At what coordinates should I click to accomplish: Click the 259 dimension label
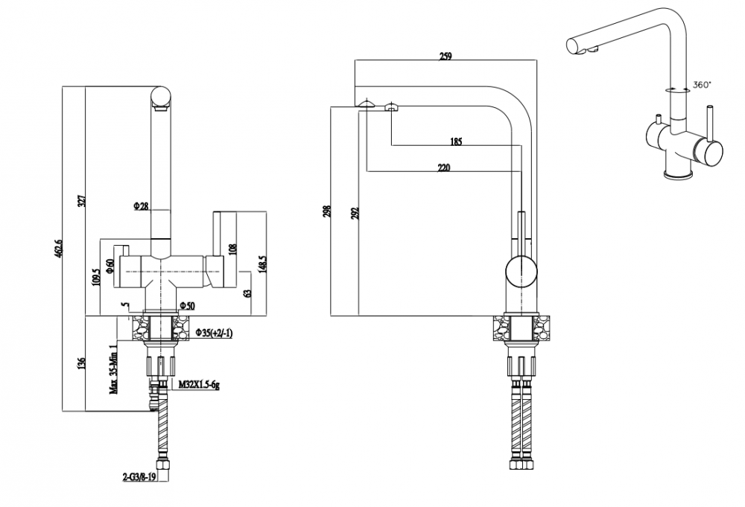coord(446,56)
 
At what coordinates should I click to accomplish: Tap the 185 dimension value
coord(456,141)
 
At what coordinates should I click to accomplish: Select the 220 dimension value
coord(443,167)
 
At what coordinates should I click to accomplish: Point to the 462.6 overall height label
coord(58,247)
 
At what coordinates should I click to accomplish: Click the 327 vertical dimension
coord(81,200)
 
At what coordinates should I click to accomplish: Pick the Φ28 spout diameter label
coord(142,206)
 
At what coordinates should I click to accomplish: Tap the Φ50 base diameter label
coord(187,306)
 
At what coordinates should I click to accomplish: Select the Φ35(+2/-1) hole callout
coord(214,334)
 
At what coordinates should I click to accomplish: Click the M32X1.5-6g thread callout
coord(199,384)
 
